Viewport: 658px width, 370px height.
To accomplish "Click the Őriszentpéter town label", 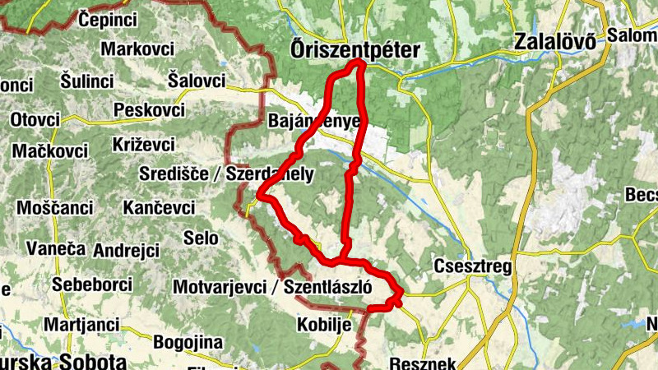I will point(355,50).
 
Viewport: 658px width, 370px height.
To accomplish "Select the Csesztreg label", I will point(472,267).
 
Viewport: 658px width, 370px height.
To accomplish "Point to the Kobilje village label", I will point(325,324).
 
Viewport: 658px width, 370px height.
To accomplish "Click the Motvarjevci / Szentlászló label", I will point(273,287).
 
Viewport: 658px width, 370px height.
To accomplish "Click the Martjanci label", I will point(81,325).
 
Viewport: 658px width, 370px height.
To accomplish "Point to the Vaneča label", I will point(56,247).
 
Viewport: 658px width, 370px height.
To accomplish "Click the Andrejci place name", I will point(126,249).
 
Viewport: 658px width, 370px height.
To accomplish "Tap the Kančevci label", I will point(159,208).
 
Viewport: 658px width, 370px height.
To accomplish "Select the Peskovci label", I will point(149,109).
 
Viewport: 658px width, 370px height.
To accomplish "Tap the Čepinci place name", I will point(108,17).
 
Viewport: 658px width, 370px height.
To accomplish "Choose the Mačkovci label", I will point(49,151).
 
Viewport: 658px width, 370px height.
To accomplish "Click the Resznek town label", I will point(424,363).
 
